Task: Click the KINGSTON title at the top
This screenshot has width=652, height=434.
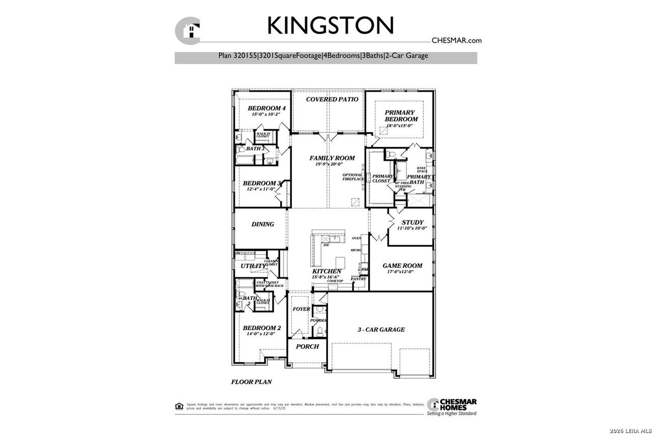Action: pyautogui.click(x=330, y=25)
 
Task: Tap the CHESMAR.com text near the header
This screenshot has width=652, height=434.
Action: pyautogui.click(x=456, y=41)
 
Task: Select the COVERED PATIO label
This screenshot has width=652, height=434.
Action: pyautogui.click(x=332, y=99)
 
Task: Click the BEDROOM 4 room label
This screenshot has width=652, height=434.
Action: pyautogui.click(x=266, y=108)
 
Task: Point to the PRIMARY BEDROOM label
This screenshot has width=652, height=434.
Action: pyautogui.click(x=401, y=115)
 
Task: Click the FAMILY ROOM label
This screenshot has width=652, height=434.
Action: pyautogui.click(x=332, y=158)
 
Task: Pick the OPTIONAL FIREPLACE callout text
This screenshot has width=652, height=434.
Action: pyautogui.click(x=353, y=177)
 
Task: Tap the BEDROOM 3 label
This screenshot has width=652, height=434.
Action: pyautogui.click(x=261, y=183)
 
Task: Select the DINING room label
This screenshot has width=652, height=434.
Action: pyautogui.click(x=263, y=224)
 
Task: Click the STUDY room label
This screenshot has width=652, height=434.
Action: pyautogui.click(x=413, y=222)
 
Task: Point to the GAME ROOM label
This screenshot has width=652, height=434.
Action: pyautogui.click(x=402, y=266)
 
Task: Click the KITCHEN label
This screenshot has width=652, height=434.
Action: pyautogui.click(x=327, y=272)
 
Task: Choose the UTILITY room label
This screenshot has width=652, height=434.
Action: pyautogui.click(x=253, y=266)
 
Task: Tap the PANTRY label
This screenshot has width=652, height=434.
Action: pyautogui.click(x=359, y=279)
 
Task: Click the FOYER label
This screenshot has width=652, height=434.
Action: pyautogui.click(x=301, y=309)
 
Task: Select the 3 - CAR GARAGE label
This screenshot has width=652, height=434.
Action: pyautogui.click(x=381, y=329)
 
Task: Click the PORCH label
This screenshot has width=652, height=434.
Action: pyautogui.click(x=307, y=346)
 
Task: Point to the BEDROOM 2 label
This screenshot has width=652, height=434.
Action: pyautogui.click(x=261, y=328)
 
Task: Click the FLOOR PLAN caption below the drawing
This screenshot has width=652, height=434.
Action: pyautogui.click(x=251, y=381)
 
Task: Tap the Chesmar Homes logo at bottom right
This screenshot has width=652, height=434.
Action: pyautogui.click(x=452, y=406)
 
